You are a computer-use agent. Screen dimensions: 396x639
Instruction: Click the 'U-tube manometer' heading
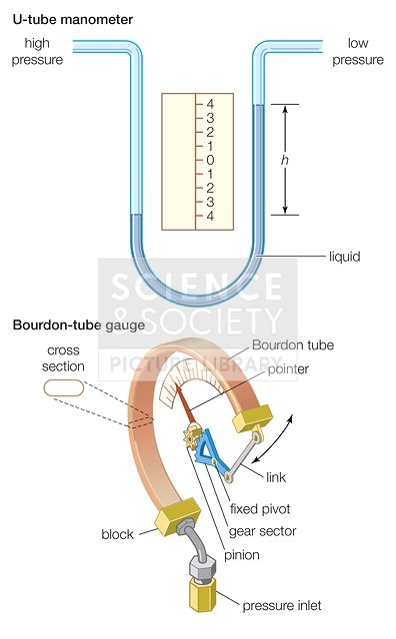[x=73, y=20]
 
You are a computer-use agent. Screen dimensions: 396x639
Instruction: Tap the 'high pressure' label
[x=37, y=51]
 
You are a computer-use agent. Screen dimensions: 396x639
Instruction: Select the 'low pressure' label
[x=358, y=51]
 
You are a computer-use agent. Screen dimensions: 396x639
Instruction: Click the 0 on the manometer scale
[x=210, y=160]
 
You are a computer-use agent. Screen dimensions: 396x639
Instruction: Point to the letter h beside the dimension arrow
[x=285, y=160]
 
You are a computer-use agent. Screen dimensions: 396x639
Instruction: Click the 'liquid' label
[x=345, y=257]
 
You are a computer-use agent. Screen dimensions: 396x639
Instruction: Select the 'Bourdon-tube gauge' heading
[x=79, y=325]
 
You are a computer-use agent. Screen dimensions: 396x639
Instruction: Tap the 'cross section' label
[x=63, y=358]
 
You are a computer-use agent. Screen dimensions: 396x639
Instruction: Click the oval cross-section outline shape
[x=64, y=388]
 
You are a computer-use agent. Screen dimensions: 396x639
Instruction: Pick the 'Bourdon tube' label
[x=293, y=345]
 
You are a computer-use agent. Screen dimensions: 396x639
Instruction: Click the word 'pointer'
[x=288, y=369]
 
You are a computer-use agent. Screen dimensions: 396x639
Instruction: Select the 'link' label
[x=276, y=477]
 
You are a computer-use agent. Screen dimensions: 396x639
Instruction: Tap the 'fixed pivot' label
[x=260, y=509]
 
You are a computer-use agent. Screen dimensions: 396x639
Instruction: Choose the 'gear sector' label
[x=263, y=531]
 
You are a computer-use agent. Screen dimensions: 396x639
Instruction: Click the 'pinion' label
[x=242, y=555]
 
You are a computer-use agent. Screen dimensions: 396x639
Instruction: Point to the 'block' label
[x=117, y=534]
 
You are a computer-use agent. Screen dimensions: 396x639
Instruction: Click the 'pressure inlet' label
[x=282, y=606]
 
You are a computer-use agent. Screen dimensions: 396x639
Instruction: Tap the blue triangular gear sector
[x=212, y=450]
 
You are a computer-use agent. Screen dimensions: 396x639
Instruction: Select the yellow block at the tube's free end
[x=252, y=417]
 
